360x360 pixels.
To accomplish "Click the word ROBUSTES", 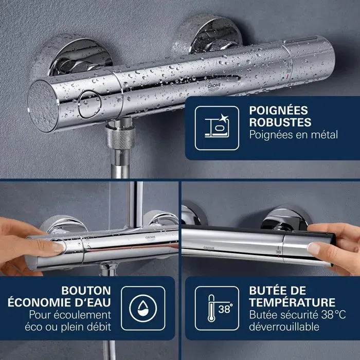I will click(x=280, y=123).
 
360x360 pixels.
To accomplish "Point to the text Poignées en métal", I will click(x=293, y=135).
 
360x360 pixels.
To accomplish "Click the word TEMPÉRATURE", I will click(x=292, y=302).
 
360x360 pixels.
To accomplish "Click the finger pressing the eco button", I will click(x=51, y=246).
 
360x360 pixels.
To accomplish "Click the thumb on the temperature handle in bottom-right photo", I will click(x=318, y=247).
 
